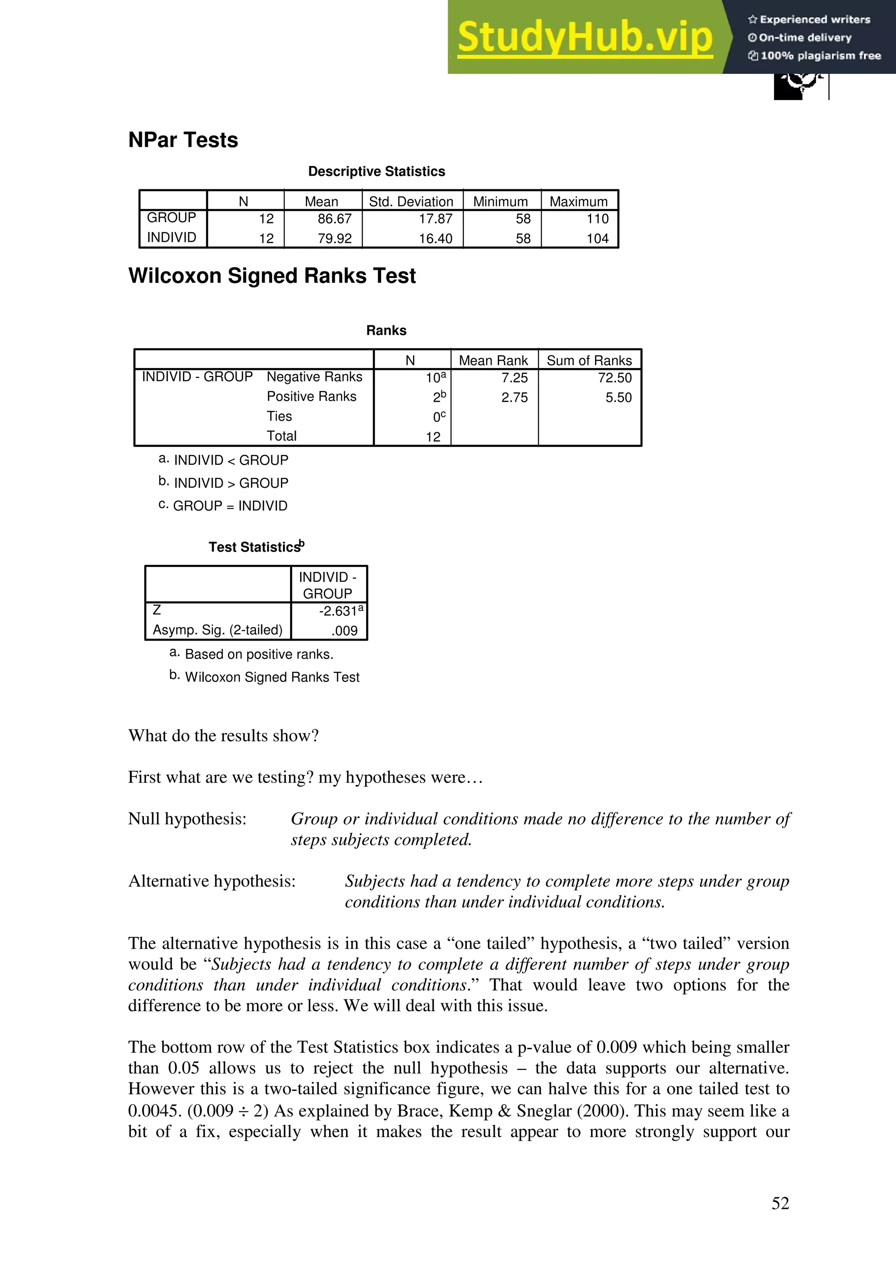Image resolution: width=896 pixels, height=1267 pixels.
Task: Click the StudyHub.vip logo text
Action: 584,38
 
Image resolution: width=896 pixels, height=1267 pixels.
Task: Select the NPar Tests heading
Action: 183,140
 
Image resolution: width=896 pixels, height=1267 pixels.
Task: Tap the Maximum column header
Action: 578,202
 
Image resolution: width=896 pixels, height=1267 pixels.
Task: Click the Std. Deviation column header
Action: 411,202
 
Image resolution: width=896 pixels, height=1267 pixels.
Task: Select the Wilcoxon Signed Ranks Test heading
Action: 272,276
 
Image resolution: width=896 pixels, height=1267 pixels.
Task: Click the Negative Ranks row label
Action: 314,377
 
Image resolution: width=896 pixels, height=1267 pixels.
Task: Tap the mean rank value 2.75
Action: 514,397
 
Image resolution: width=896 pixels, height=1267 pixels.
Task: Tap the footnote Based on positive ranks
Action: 259,654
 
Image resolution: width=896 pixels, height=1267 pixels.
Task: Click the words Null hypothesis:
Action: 187,818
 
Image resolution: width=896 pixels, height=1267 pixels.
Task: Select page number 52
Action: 780,1203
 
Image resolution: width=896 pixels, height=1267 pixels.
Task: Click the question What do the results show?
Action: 223,736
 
